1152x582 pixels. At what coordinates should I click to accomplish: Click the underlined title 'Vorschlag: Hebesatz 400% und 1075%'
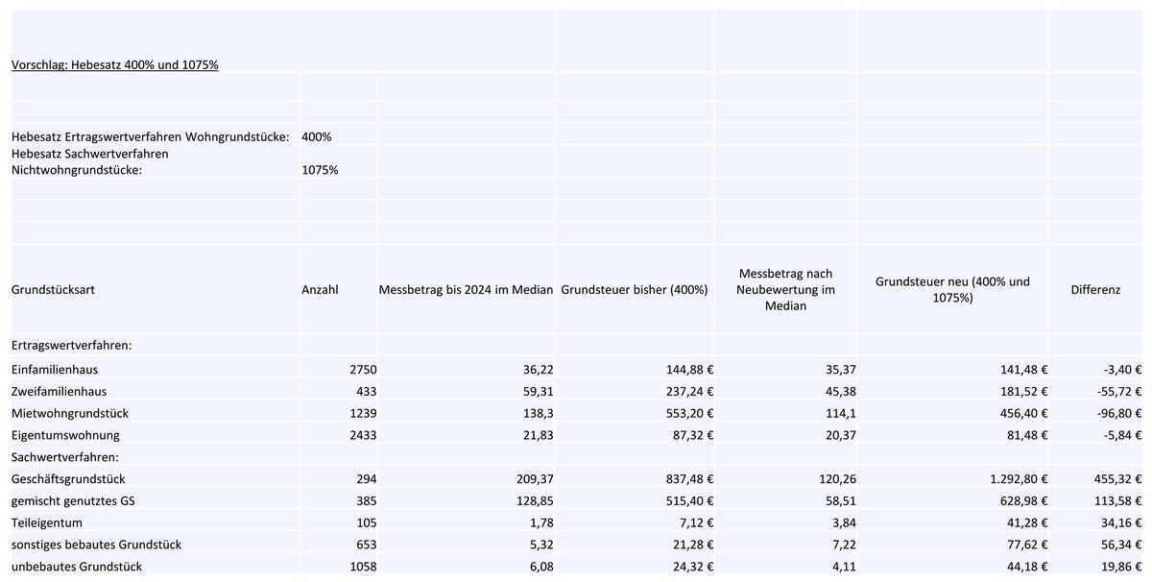114,65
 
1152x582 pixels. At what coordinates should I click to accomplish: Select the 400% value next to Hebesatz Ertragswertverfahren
316,137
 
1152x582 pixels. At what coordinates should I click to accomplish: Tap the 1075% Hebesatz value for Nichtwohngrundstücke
320,170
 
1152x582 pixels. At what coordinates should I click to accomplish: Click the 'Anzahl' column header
320,290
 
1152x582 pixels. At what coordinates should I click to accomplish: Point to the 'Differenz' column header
1095,290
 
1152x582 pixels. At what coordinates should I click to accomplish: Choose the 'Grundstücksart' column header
53,290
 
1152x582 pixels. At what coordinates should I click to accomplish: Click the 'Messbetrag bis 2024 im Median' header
466,290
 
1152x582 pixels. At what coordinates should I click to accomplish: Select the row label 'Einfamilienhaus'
55,370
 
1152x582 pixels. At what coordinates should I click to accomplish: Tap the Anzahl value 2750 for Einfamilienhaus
363,370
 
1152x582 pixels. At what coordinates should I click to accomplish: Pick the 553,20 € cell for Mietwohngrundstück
689,413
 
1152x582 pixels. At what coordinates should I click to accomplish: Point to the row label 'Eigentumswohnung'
65,435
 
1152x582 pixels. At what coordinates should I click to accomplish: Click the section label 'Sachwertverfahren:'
65,457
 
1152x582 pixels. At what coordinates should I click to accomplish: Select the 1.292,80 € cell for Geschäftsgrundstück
1019,479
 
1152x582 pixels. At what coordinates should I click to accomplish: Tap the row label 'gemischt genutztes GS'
73,500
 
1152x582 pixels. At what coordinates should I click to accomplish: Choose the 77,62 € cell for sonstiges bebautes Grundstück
1027,545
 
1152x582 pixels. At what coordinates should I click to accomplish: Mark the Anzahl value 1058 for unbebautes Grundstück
363,567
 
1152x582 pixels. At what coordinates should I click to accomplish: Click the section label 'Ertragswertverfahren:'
71,346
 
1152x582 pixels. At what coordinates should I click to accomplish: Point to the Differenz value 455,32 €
1117,479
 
